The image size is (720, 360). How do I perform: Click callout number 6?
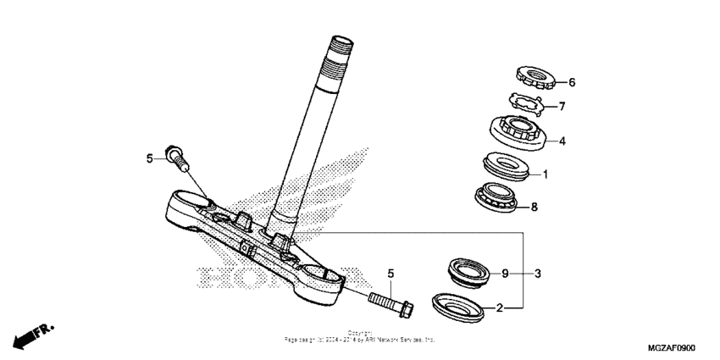click(x=572, y=83)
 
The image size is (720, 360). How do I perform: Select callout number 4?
click(x=562, y=141)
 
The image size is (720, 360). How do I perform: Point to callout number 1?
click(x=546, y=175)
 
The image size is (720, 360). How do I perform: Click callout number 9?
click(x=505, y=274)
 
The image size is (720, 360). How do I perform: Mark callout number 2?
click(x=500, y=308)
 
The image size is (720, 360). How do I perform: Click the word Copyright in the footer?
click(x=360, y=333)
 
